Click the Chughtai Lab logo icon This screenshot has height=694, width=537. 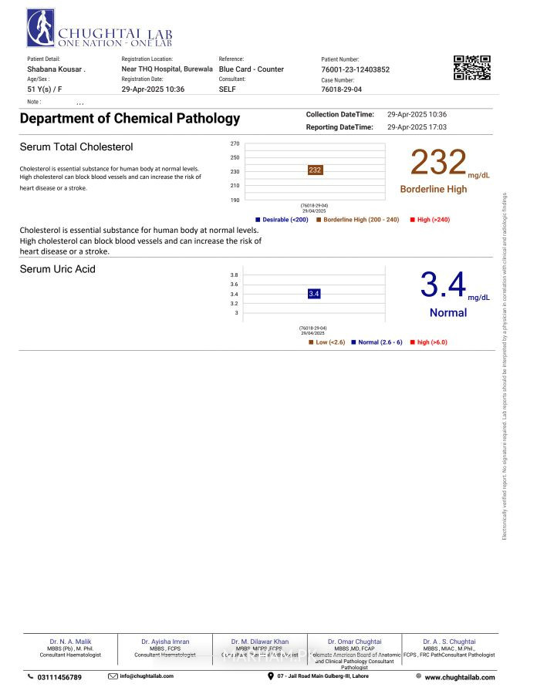click(x=40, y=29)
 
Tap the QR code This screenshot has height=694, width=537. click(x=471, y=68)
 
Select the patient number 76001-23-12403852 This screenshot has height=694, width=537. click(x=355, y=69)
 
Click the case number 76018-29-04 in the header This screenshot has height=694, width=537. click(x=341, y=89)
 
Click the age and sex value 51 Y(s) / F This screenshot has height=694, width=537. click(x=45, y=89)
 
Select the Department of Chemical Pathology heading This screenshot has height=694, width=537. click(x=130, y=119)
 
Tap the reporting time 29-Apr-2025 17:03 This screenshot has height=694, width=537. click(x=417, y=127)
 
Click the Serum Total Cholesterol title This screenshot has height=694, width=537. click(x=76, y=147)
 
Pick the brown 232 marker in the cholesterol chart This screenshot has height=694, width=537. click(x=315, y=170)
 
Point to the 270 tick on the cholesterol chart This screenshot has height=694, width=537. click(x=235, y=143)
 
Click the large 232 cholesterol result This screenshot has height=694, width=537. click(x=438, y=163)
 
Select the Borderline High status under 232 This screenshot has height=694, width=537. click(x=433, y=189)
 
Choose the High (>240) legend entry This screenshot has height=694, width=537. click(x=433, y=220)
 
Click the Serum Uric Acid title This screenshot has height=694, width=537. click(x=58, y=269)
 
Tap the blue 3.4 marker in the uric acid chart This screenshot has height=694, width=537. click(x=314, y=294)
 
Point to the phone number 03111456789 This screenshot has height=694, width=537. click(x=59, y=677)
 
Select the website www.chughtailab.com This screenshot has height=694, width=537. click(x=459, y=677)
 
